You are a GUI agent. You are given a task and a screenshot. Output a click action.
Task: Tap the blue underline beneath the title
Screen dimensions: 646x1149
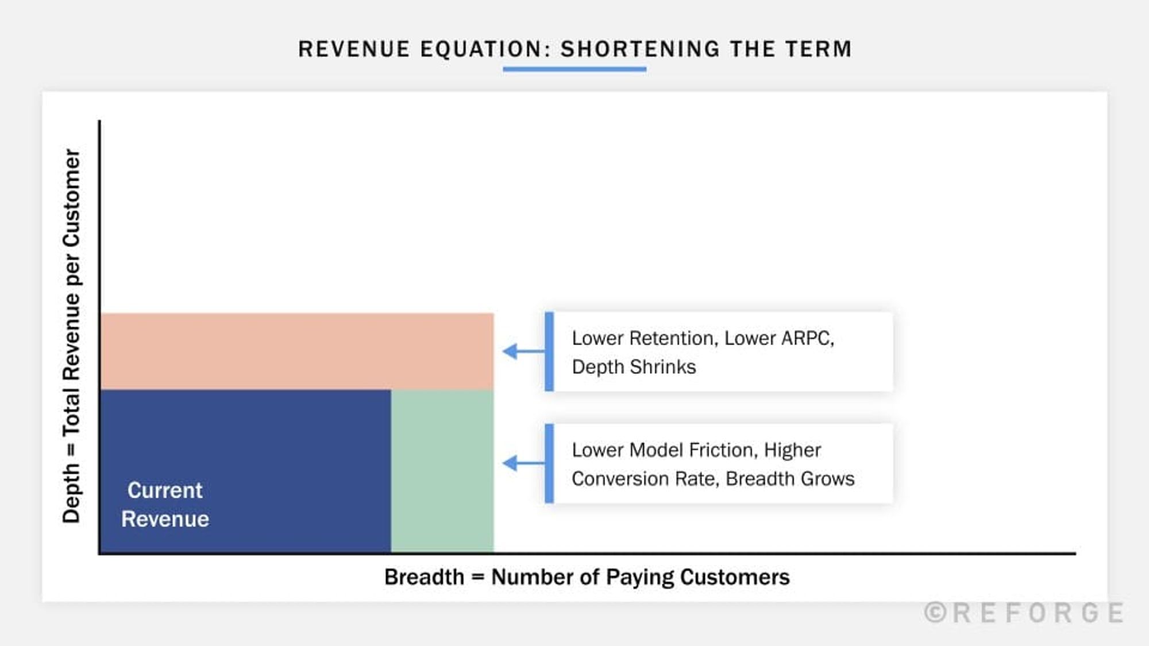[574, 69]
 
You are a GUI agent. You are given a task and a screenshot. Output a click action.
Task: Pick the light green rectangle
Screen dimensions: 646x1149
[442, 471]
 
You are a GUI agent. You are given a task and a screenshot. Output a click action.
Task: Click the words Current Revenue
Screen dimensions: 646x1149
[165, 505]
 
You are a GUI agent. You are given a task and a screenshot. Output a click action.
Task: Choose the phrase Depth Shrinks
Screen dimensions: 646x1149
[634, 367]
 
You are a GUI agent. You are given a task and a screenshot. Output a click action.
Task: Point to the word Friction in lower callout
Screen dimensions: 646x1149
[720, 450]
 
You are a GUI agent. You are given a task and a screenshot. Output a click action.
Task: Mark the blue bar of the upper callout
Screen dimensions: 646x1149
[549, 351]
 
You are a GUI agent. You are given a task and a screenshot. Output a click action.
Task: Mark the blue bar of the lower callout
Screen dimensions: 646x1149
[549, 463]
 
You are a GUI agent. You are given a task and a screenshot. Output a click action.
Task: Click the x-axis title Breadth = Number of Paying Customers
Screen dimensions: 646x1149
[587, 577]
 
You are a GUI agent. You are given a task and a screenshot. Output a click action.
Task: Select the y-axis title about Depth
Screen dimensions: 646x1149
[72, 336]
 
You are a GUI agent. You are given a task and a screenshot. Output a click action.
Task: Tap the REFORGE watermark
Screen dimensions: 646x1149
[1038, 613]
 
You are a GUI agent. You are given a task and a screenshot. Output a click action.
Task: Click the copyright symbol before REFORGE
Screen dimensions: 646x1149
[935, 613]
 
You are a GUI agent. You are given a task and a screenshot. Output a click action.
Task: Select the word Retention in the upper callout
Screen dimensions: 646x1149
[673, 338]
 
